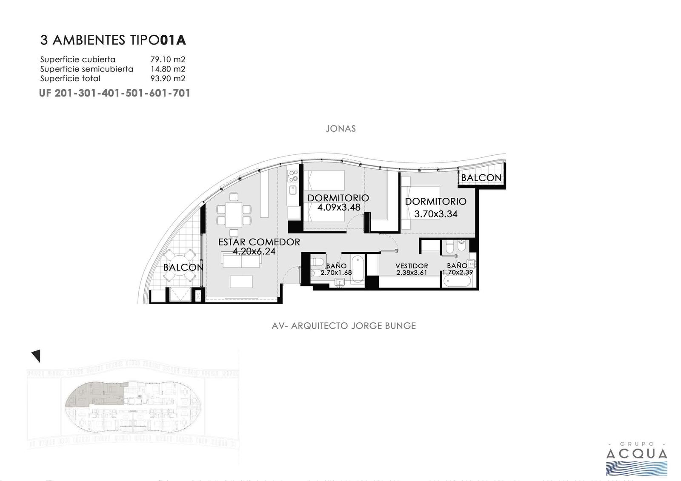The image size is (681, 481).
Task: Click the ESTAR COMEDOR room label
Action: [259, 242]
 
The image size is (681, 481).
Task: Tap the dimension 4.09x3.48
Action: [339, 208]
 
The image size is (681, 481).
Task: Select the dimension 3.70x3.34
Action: [436, 214]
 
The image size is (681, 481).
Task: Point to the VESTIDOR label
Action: [412, 266]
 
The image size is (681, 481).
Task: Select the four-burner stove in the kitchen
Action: [293, 176]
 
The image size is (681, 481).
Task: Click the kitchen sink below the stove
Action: [293, 190]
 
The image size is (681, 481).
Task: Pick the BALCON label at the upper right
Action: [481, 178]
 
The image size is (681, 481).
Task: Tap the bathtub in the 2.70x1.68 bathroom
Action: [358, 269]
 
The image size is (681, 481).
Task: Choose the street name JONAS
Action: [340, 128]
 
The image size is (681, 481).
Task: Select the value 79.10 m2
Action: [168, 59]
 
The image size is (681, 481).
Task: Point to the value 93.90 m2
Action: [168, 78]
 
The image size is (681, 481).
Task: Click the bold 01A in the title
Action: [173, 40]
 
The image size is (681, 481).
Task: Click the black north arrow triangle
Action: [36, 356]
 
